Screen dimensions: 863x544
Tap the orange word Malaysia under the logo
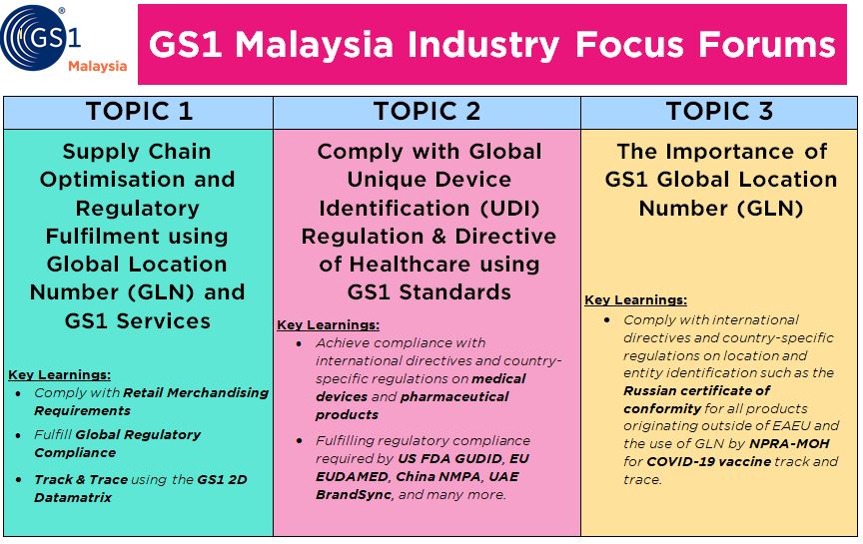[x=98, y=67]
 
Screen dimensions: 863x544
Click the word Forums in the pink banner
[x=767, y=45]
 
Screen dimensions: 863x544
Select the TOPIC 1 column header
[x=139, y=112]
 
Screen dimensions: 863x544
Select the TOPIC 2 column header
[x=428, y=112]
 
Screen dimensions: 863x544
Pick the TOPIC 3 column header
[x=719, y=112]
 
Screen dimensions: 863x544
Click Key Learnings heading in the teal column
[x=60, y=375]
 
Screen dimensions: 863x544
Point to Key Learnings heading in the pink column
[x=328, y=325]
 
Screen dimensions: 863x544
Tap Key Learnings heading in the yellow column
[x=635, y=300]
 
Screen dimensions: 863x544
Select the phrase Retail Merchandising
[x=196, y=392]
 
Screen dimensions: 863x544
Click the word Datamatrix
[x=73, y=498]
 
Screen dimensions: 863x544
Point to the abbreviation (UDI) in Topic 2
[x=509, y=209]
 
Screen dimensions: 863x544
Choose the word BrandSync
[x=354, y=495]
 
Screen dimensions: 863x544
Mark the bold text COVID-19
[x=677, y=462]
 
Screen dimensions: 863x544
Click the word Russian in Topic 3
[x=649, y=391]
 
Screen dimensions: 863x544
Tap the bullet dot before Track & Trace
[x=19, y=480]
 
